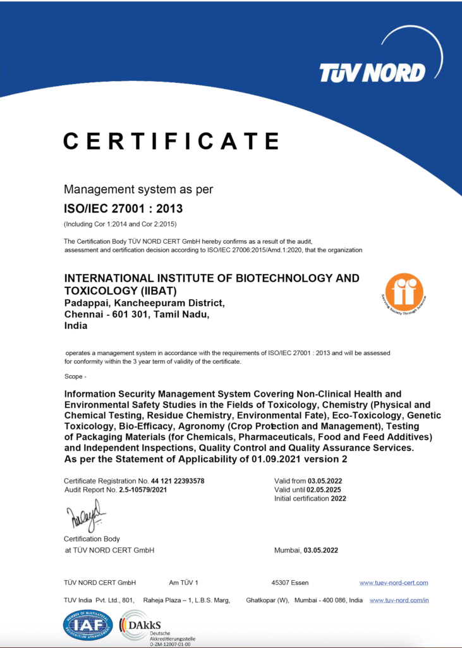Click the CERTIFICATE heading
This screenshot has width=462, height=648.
point(171,140)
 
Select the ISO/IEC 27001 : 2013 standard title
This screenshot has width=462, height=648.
point(123,208)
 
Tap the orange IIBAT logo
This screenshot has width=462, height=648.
point(404,292)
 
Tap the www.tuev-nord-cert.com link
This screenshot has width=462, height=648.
point(394,582)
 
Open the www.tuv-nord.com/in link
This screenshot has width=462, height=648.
point(399,600)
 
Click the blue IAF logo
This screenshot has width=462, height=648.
point(87,625)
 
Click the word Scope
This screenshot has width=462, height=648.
point(75,377)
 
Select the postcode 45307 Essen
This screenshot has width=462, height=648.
point(289,582)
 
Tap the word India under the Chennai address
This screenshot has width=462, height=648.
point(76,327)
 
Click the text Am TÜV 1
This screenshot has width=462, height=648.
point(184,582)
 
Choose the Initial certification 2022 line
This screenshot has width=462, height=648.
point(310,499)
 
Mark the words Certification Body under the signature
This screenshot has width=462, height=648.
point(92,539)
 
